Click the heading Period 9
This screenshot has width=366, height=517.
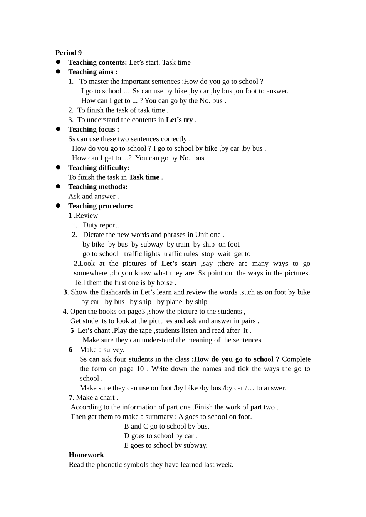69,53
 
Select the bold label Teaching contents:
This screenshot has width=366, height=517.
97,62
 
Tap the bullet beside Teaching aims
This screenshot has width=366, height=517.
59,72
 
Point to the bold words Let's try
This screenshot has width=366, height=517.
179,120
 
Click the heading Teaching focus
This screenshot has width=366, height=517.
93,129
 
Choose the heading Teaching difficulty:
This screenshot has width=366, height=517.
99,167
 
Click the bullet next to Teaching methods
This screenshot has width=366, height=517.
59,187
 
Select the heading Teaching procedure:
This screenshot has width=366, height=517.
100,206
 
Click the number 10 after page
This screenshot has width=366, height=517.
140,369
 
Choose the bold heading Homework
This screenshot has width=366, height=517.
86,455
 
